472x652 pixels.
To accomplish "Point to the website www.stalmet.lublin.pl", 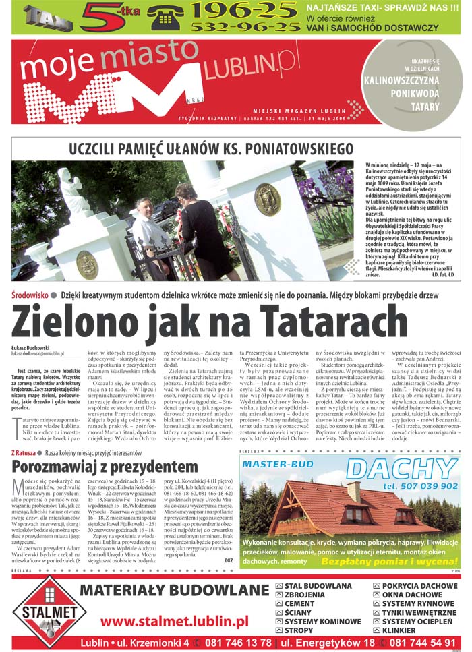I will pyautogui.click(x=174, y=620).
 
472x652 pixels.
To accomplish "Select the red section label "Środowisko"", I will pyautogui.click(x=30, y=295).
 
